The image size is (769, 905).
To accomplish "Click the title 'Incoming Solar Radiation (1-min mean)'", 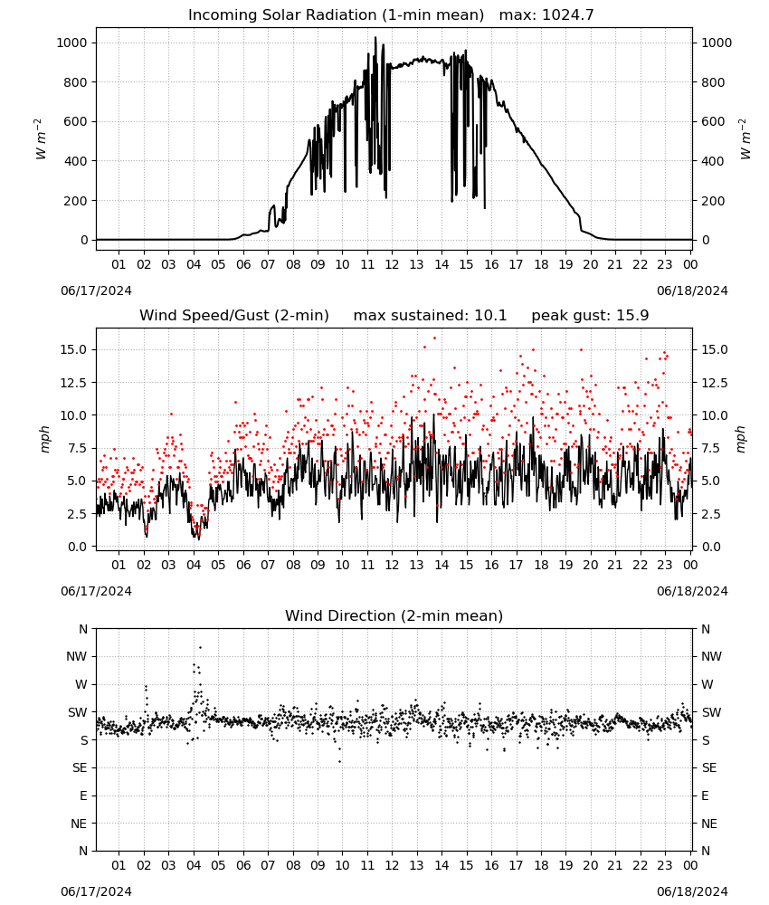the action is [336, 15].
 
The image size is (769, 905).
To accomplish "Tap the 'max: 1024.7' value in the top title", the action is [546, 15].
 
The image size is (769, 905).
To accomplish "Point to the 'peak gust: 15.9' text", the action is [590, 316].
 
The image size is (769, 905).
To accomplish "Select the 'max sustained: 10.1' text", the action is [430, 316].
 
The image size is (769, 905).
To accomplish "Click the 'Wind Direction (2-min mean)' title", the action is [394, 615].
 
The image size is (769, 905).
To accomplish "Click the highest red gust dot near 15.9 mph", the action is [434, 338].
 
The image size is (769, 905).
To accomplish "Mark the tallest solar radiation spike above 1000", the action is [375, 39].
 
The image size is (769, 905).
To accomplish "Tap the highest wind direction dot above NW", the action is [200, 648].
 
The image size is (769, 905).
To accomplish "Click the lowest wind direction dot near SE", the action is [340, 762].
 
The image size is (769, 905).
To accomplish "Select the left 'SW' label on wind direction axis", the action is [78, 712].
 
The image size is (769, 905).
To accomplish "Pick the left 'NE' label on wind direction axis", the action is [79, 824].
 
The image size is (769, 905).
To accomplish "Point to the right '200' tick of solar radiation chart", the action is [713, 201].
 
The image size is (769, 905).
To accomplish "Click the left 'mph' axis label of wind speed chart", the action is [44, 439].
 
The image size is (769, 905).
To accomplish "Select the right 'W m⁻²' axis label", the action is [745, 138].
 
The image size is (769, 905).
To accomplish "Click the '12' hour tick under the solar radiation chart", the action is [392, 264].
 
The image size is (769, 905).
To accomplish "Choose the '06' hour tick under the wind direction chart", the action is [243, 865].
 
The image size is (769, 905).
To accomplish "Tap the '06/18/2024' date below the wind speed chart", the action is [692, 591].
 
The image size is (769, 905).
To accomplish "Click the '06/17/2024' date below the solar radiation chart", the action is [96, 291].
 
